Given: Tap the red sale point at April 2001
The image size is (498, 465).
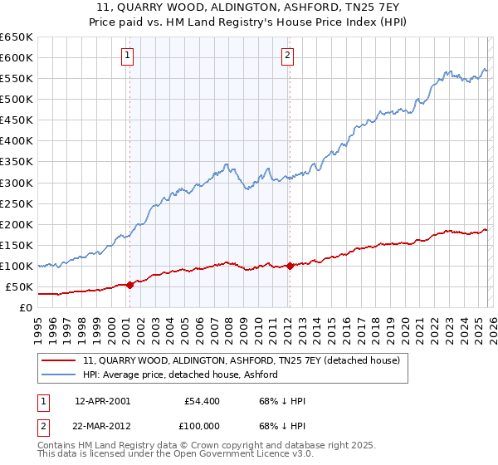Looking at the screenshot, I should point(129,285).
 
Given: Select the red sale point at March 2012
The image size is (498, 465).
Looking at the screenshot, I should point(290,266).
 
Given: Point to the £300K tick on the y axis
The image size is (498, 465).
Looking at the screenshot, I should point(17,183).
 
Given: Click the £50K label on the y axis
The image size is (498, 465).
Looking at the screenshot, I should point(19,286).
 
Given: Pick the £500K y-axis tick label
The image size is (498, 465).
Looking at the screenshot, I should point(17,99).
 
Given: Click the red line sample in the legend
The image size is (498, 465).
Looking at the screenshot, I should point(58,360).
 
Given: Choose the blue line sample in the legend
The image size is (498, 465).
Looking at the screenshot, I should point(58,374).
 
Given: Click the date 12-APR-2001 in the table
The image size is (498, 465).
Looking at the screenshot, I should point(102,401).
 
